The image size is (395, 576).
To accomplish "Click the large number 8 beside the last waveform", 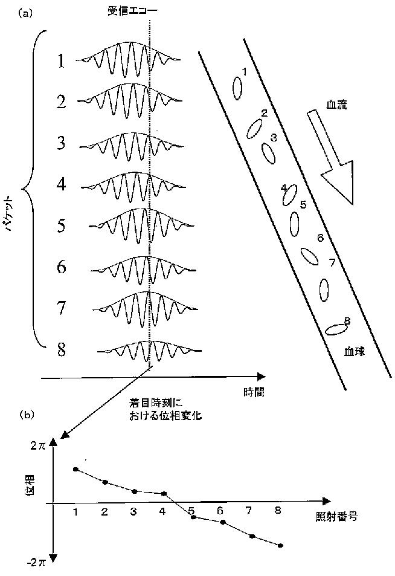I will (61, 350).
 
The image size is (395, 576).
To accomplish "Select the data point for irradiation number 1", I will (75, 469).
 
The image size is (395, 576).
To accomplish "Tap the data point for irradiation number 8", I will (281, 546).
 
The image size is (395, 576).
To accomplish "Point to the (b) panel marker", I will (26, 415).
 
